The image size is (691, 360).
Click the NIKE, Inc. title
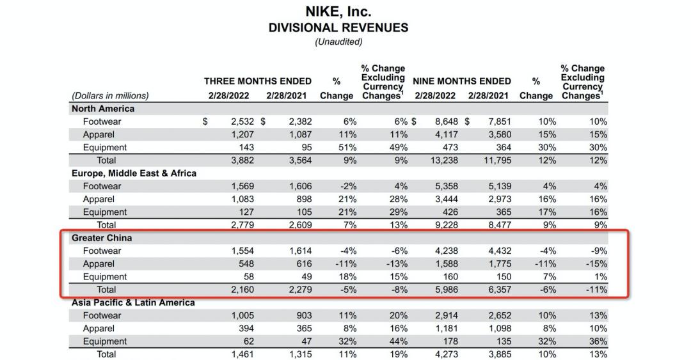338,12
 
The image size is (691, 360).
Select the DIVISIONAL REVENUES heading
338,27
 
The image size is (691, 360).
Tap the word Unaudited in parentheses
338,42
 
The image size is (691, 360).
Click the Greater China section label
101,238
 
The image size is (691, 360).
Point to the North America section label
103,109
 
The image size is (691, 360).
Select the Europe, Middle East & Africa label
134,173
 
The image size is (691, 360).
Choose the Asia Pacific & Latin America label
133,302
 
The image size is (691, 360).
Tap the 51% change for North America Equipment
347,147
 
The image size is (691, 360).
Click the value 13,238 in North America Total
442,160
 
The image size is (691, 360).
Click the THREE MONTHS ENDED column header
258,81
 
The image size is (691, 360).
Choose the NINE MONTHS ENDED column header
462,81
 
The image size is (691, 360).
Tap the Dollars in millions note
110,96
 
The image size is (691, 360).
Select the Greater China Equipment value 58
247,277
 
